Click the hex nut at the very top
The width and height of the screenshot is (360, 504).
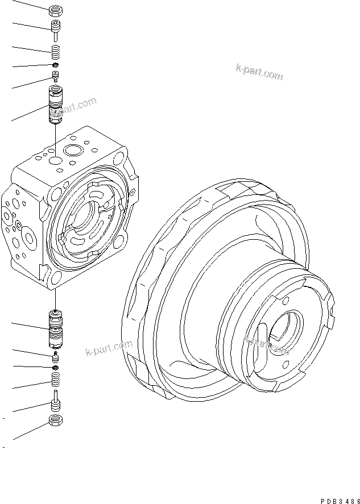coord(55,10)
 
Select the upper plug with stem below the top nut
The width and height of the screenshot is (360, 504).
coord(55,28)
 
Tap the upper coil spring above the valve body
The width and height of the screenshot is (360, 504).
coord(55,52)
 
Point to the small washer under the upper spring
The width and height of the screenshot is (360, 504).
coord(55,66)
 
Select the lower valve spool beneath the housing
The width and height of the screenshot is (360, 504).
coord(55,330)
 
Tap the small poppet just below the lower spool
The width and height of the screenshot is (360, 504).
coord(55,356)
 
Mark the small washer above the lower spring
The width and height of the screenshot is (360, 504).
coord(55,368)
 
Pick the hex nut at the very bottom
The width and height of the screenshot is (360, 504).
coord(55,420)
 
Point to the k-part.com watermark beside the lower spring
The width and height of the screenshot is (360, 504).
coord(109,347)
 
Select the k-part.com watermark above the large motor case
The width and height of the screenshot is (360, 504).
coord(259,72)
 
